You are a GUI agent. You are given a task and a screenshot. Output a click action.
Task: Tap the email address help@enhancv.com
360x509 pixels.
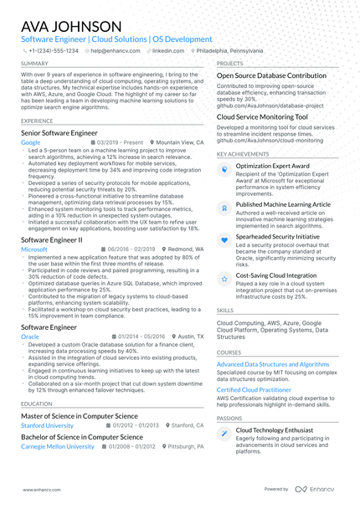115,51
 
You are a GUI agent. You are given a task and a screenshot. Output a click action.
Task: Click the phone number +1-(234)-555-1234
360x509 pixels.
53,51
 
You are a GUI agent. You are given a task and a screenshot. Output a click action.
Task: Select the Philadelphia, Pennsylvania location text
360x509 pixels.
229,51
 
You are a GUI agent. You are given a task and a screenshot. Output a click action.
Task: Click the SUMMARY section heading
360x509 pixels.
34,63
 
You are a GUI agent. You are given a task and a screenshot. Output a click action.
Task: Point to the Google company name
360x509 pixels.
30,143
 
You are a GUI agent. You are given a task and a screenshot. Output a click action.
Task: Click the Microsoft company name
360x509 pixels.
34,249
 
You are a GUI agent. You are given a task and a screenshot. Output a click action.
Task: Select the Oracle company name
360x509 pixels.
30,336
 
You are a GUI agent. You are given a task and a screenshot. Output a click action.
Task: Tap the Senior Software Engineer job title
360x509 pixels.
59,133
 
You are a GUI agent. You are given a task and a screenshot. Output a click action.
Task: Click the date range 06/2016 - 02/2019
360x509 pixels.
131,249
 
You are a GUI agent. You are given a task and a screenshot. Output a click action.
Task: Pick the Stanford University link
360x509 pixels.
47,425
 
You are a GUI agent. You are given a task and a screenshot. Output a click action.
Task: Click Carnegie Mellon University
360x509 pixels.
57,446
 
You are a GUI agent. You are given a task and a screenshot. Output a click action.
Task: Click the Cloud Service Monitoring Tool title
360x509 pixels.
262,117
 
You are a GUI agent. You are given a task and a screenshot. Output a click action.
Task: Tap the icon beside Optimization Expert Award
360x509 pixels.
224,168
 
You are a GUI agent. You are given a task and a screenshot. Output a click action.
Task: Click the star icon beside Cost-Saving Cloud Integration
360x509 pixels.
224,277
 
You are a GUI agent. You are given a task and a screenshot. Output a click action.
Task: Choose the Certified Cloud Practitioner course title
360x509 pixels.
255,389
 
